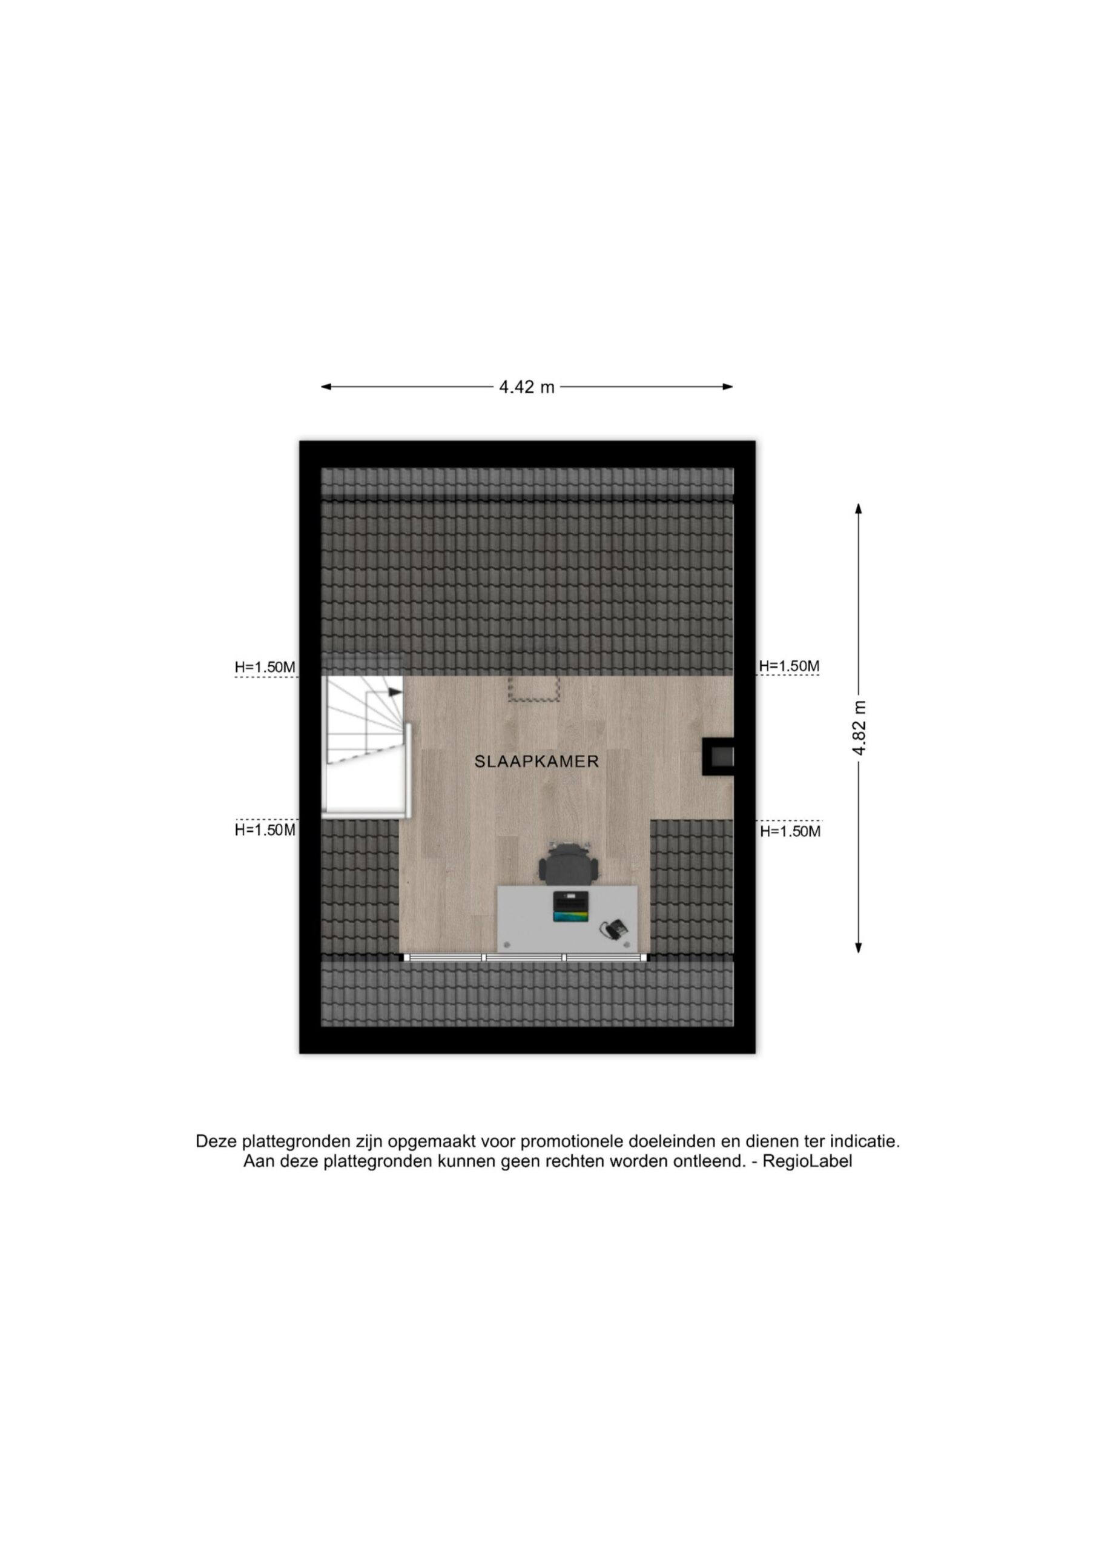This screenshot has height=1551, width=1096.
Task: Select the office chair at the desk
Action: point(569,863)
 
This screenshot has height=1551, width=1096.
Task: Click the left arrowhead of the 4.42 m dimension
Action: point(326,387)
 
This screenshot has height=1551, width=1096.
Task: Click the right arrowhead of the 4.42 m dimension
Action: point(728,387)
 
